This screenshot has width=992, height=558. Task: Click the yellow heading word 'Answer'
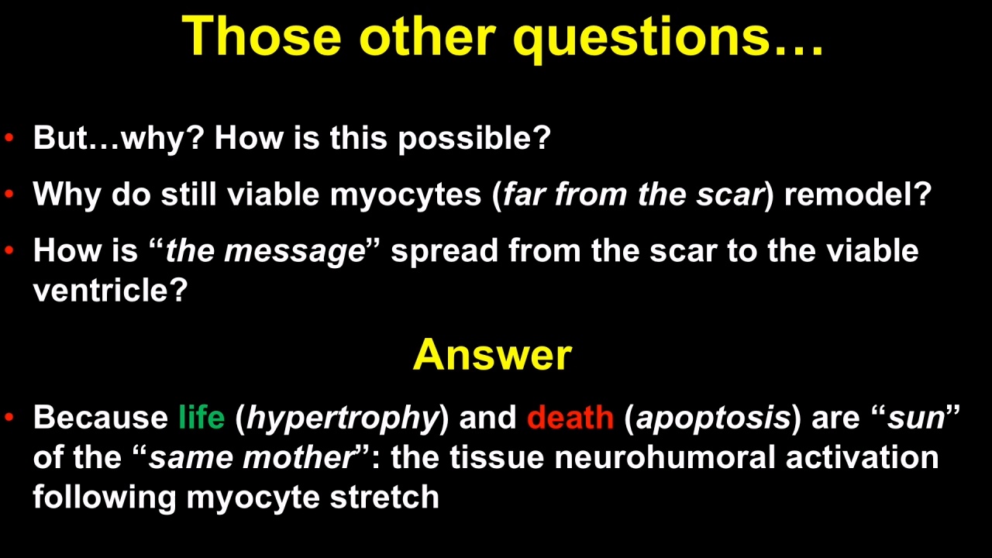[x=492, y=355]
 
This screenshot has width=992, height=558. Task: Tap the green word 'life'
[x=201, y=417]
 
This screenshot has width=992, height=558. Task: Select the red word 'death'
[x=570, y=417]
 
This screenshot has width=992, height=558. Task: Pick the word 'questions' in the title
[x=641, y=38]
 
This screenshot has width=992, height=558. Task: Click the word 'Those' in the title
[x=261, y=36]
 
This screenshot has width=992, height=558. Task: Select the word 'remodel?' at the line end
[x=858, y=194]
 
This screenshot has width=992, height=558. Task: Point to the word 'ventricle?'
[x=111, y=290]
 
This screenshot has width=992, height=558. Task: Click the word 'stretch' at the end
[x=384, y=497]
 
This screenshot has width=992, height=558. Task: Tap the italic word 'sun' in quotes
[x=916, y=419]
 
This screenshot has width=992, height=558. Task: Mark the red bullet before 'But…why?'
[x=9, y=138]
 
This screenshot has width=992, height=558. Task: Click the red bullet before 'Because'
[x=9, y=417]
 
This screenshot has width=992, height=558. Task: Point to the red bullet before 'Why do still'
[x=9, y=194]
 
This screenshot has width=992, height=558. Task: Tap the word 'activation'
[x=863, y=457]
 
